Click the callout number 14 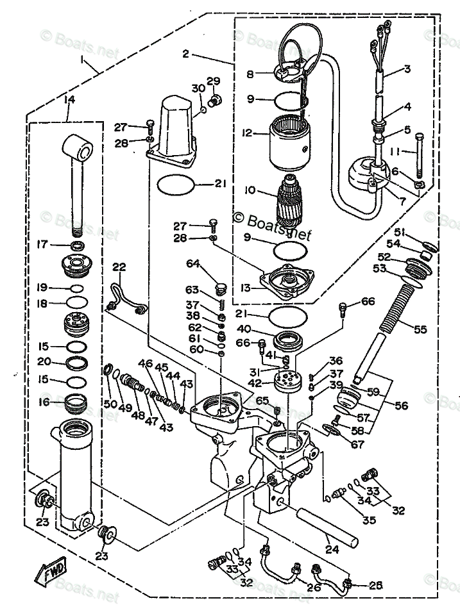tap(69, 99)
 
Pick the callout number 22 tap(119, 267)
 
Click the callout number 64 tap(194, 263)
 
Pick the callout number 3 tap(407, 69)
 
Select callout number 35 tap(370, 520)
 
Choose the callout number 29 tap(213, 81)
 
